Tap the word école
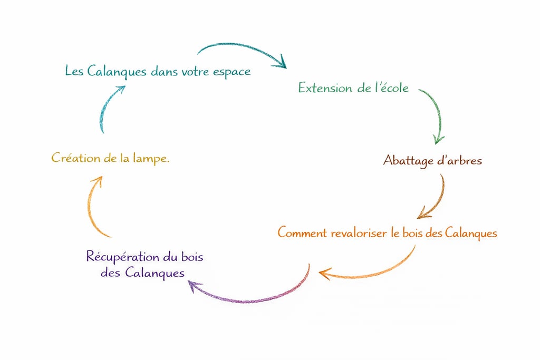coord(392,87)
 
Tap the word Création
coord(73,158)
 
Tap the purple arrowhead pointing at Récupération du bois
coord(193,285)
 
